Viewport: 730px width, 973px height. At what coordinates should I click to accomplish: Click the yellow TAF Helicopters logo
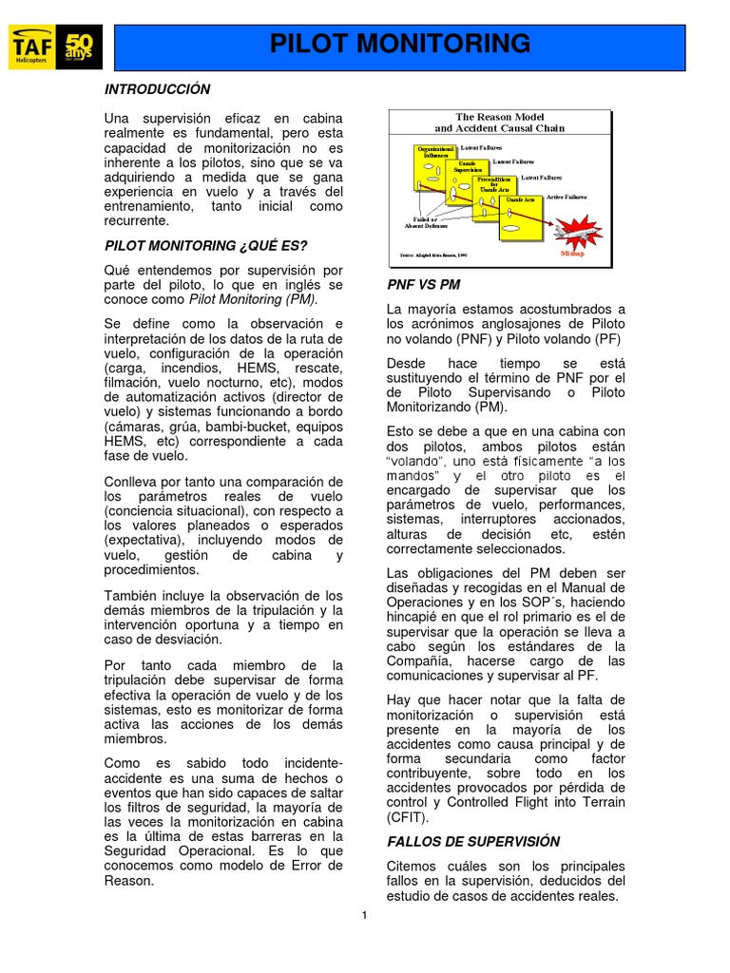click(x=33, y=48)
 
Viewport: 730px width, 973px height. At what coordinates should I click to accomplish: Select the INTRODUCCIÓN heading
click(x=156, y=89)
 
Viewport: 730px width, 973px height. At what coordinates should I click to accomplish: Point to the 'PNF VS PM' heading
click(x=424, y=284)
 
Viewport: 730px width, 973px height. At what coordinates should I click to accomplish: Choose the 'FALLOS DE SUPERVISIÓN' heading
click(x=473, y=841)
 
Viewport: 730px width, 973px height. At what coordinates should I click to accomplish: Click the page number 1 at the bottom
click(x=364, y=915)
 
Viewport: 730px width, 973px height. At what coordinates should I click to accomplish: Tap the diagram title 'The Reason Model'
click(x=499, y=116)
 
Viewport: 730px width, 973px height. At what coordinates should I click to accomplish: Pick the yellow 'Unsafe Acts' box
click(x=519, y=200)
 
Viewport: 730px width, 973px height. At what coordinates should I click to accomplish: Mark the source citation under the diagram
click(x=433, y=255)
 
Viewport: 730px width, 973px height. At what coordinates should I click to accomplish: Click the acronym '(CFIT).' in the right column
click(x=408, y=816)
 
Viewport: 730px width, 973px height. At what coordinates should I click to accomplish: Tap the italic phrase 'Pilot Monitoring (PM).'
click(x=254, y=299)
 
